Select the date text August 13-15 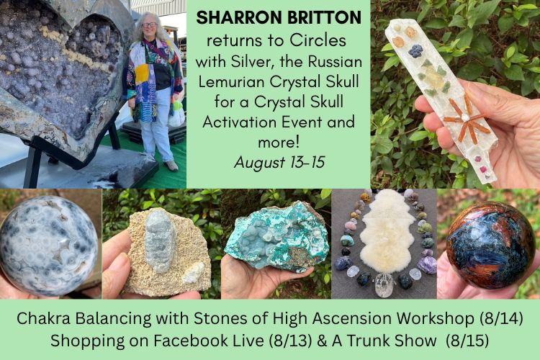point(279,162)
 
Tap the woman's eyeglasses point(150,24)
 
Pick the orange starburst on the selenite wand point(464,118)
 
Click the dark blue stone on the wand point(415,50)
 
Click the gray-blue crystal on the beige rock point(159,242)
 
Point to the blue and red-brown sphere point(490,244)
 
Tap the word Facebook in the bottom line point(189,341)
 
